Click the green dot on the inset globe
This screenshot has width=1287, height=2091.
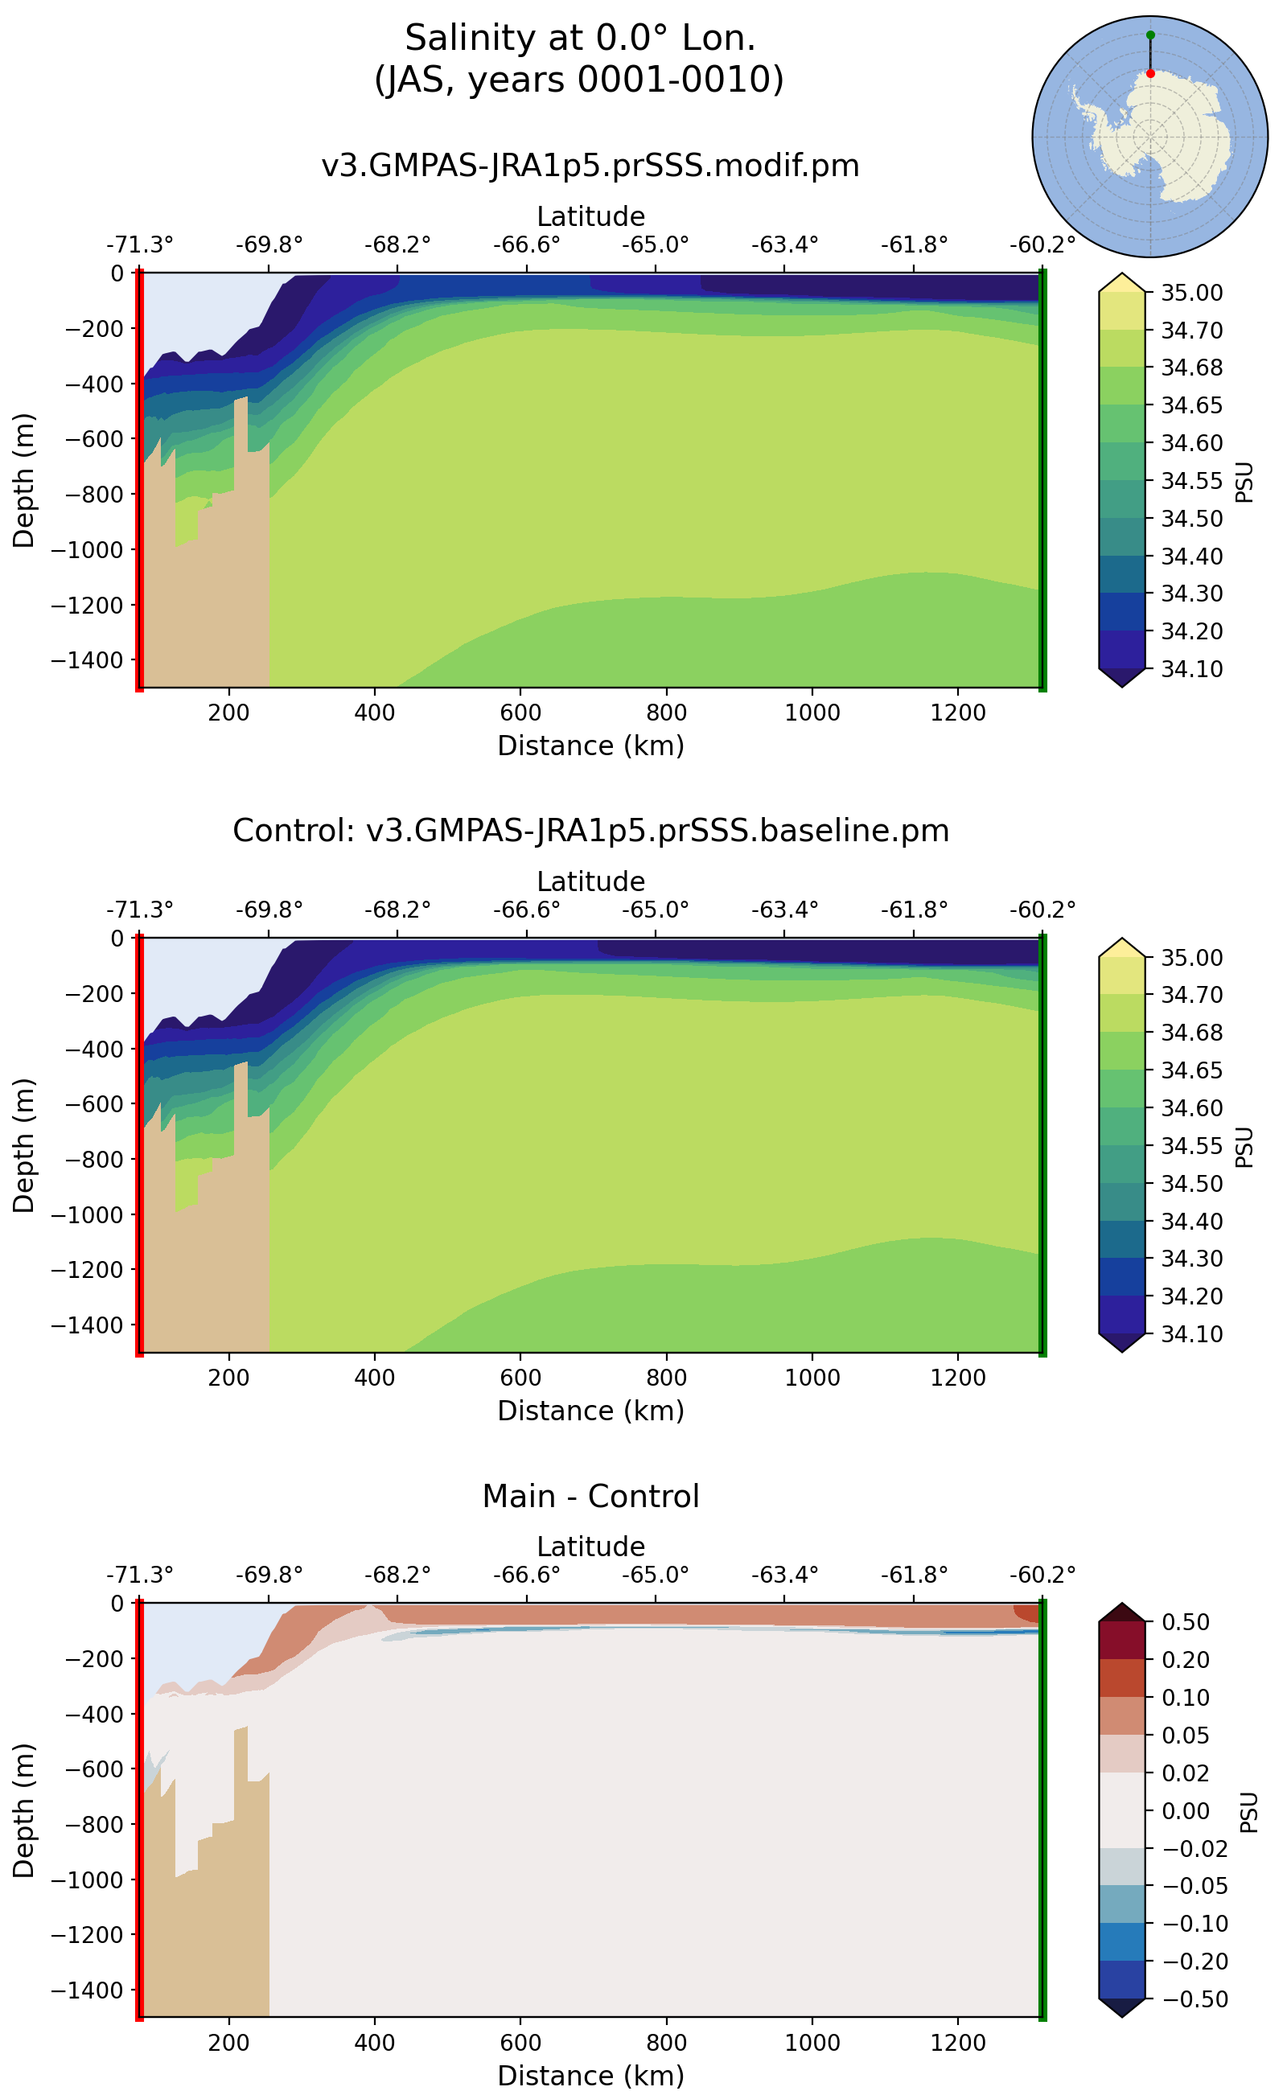[1150, 35]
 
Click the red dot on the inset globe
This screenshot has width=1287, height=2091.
[1150, 74]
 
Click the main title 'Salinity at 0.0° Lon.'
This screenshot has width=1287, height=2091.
[580, 39]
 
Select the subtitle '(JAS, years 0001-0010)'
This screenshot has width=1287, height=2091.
[579, 80]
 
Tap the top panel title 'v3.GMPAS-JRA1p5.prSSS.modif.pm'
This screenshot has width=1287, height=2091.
[590, 165]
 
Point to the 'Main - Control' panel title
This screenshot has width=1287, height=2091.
[590, 1495]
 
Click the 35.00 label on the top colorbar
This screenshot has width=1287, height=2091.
[1191, 293]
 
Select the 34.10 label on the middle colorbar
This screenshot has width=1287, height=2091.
[1191, 1333]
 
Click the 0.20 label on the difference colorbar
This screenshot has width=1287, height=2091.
[1186, 1659]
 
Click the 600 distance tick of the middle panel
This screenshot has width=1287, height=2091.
[520, 1377]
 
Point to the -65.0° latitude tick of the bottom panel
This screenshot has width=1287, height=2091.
[655, 1575]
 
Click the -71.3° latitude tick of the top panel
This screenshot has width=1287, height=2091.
[140, 245]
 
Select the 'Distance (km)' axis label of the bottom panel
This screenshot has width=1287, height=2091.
[590, 2075]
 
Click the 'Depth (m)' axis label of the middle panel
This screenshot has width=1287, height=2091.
[24, 1145]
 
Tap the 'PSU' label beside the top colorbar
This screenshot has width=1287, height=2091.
[1244, 483]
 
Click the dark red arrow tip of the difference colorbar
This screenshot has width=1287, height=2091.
[1122, 1611]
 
